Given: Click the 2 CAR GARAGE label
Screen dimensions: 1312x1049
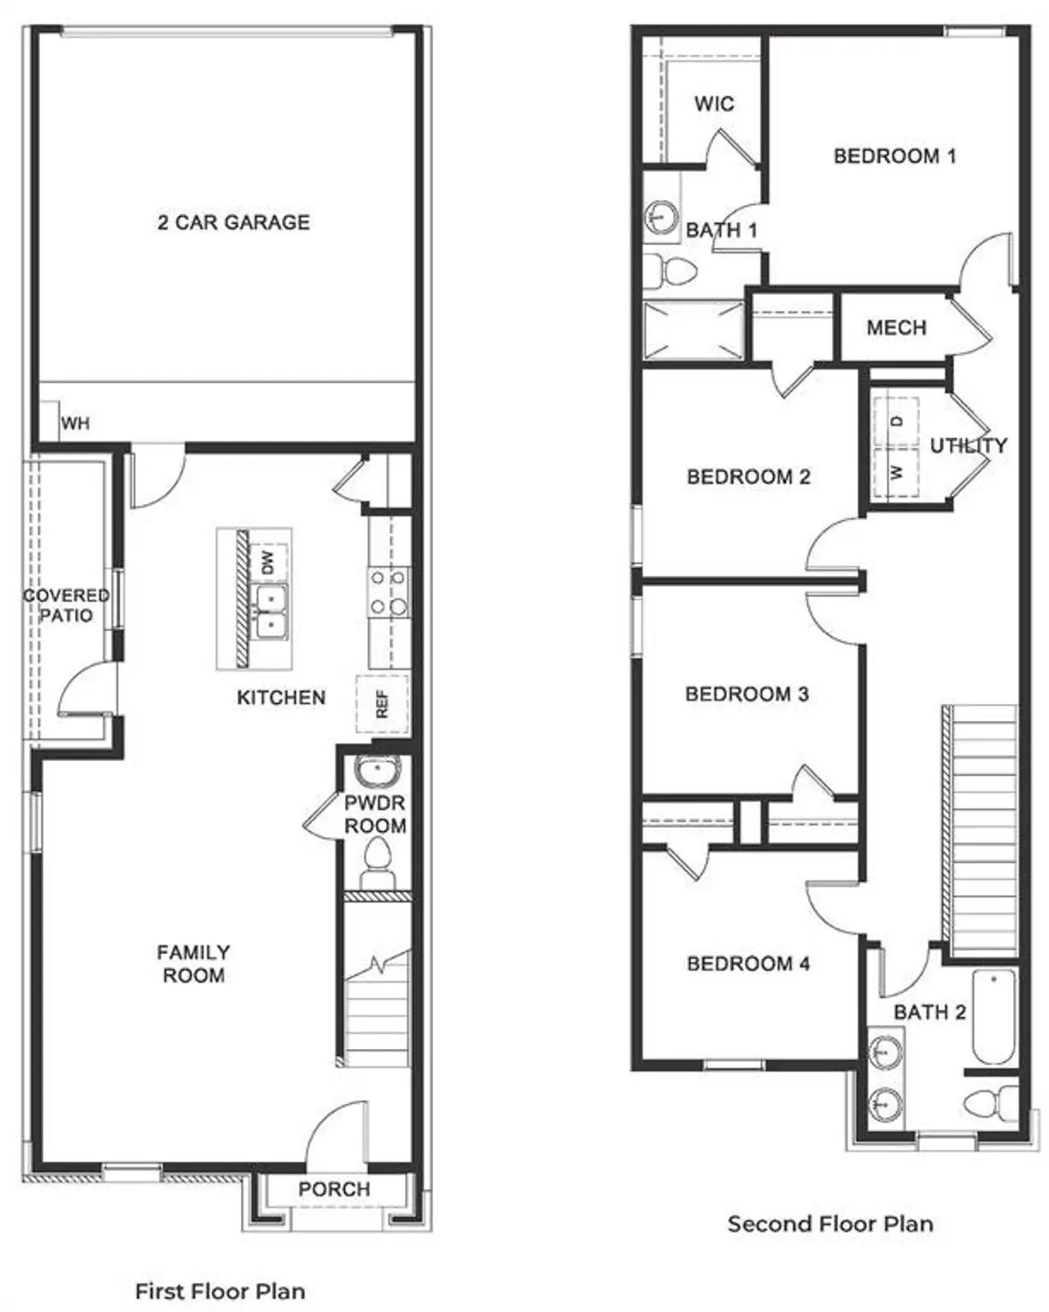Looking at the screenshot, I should point(234,222).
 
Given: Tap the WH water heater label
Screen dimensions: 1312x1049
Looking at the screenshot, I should point(75,424).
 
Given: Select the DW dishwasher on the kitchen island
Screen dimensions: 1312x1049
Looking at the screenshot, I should point(268,562).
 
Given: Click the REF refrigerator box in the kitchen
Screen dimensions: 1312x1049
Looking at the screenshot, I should point(382,704).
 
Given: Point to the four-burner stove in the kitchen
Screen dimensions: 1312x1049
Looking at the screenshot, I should point(388,592).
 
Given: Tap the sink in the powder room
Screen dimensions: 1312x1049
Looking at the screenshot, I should point(377,772).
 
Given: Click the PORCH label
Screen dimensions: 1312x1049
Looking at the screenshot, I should point(334,1189).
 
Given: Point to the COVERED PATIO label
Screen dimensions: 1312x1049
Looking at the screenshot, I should point(66,606).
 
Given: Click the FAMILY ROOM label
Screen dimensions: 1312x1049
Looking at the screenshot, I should point(193,964).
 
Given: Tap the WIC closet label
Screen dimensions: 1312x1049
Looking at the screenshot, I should point(714,104).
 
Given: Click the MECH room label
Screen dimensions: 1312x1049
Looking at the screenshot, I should point(896,328).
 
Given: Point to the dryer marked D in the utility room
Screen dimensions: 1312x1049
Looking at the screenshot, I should point(897,421).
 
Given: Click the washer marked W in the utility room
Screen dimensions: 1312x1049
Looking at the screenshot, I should point(897,473).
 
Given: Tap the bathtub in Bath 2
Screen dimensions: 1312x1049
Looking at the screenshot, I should point(994,1016).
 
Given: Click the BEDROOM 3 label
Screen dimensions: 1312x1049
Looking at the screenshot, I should point(747,694).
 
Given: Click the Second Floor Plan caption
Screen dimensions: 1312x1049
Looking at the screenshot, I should point(830,1223).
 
